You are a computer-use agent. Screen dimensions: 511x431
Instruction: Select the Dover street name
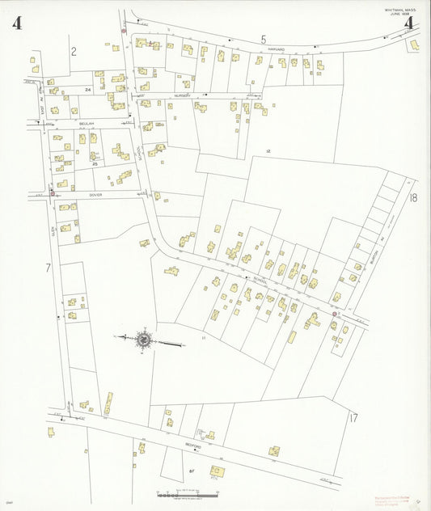pos(95,195)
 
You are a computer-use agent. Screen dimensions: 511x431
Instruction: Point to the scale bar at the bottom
pos(187,493)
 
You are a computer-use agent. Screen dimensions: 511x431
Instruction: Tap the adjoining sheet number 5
pos(263,39)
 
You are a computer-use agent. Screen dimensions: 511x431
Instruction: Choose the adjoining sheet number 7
pos(48,267)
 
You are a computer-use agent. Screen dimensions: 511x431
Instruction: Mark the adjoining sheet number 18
pos(413,198)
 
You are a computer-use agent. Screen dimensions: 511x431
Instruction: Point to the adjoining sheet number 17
pos(353,418)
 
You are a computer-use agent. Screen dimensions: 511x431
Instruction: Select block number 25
pos(95,163)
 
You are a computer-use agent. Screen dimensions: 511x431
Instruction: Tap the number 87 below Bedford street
pos(192,469)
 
